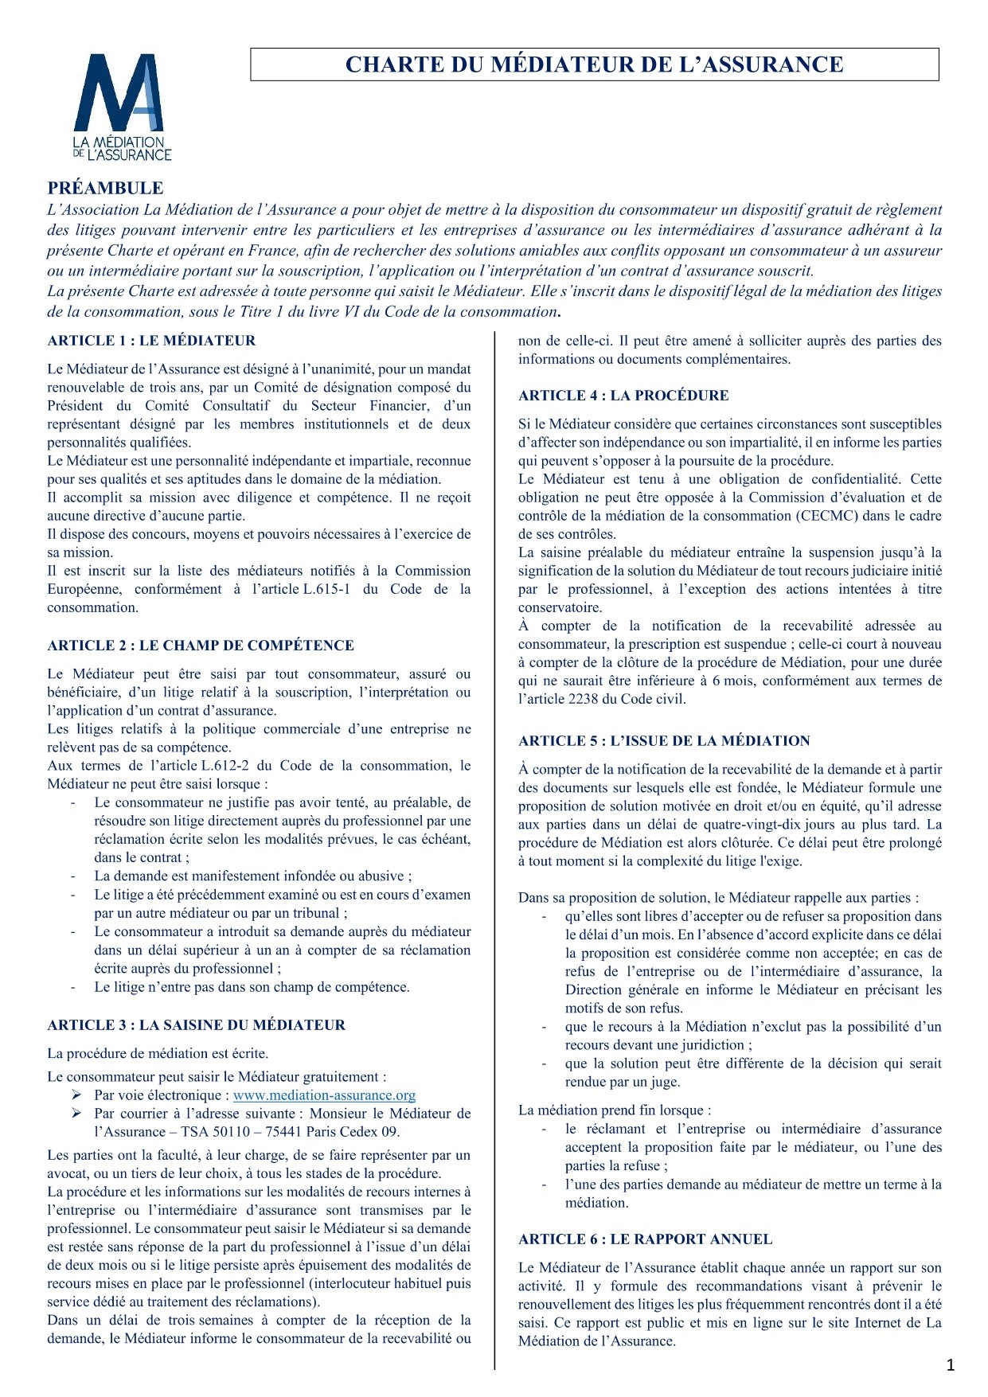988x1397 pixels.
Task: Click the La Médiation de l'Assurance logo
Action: [122, 107]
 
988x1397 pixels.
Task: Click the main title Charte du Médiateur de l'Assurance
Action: [594, 64]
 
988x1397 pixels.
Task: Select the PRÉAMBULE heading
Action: [105, 189]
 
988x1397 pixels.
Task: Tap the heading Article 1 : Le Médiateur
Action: [151, 341]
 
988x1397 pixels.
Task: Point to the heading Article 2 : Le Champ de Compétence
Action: [201, 646]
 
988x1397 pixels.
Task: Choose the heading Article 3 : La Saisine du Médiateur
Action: [196, 1025]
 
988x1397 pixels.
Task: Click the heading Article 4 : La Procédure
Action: [623, 396]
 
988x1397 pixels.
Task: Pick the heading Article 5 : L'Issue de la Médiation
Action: [664, 741]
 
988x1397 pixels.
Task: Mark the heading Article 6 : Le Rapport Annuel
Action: [645, 1239]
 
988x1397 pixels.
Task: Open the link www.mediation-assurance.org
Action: [324, 1096]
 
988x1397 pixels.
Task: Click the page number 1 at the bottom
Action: [950, 1367]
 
